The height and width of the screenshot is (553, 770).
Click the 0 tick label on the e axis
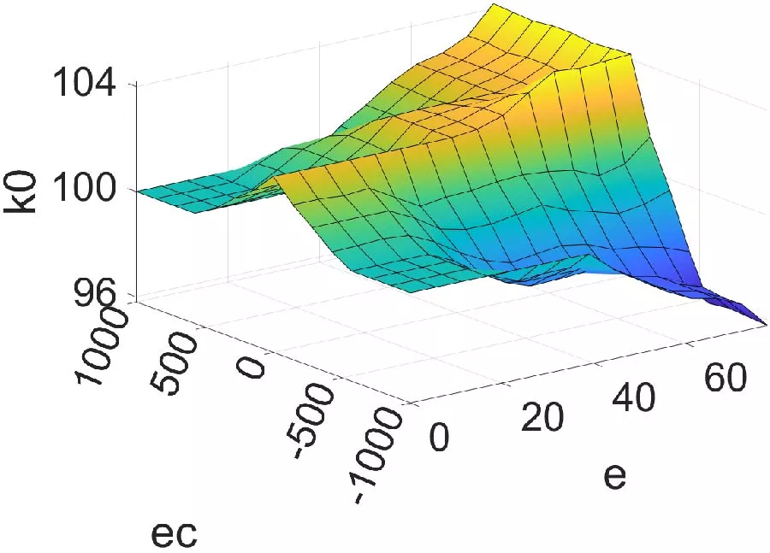(439, 437)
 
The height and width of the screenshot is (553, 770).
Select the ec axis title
(175, 533)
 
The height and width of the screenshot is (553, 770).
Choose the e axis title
(615, 475)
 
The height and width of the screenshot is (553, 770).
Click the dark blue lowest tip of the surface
(764, 322)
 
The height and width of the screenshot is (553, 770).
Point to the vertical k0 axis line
(137, 188)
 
